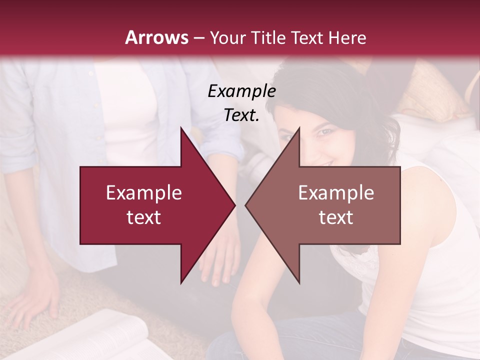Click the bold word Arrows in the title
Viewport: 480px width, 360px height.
tap(157, 37)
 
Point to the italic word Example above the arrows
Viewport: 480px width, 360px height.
tap(241, 91)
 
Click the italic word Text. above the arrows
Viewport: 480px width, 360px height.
tap(241, 115)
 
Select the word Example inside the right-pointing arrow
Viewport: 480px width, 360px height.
tap(144, 193)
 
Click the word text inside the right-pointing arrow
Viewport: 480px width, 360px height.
tap(144, 217)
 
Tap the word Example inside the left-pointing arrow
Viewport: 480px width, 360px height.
tap(336, 193)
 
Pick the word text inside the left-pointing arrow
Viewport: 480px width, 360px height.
tap(336, 217)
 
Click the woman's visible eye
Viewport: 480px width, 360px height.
tap(325, 131)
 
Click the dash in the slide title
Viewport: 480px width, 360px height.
tap(199, 38)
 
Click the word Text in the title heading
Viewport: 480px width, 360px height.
tap(305, 37)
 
